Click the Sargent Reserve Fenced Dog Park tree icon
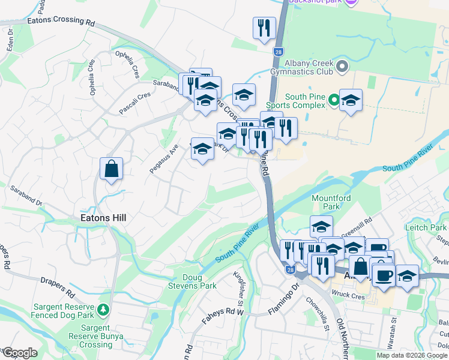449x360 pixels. point(104,310)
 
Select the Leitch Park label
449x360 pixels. point(429,227)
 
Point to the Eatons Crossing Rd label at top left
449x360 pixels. point(61,21)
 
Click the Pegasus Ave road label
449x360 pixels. point(164,160)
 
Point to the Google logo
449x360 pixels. point(19,353)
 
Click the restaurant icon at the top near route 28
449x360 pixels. point(264,28)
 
